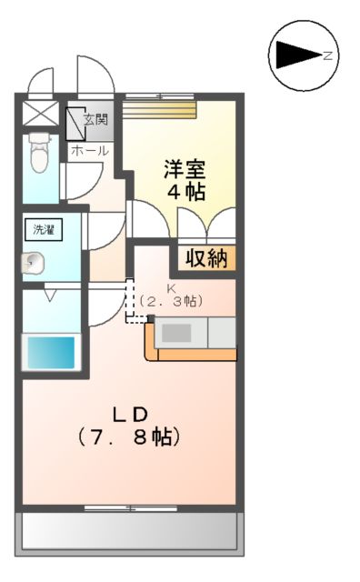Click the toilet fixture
(x=38, y=154)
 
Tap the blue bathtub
(x=50, y=351)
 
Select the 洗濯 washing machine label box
(x=44, y=229)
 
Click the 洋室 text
(x=185, y=168)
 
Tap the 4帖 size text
(x=185, y=193)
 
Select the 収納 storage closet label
(x=206, y=258)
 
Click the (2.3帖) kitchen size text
(x=170, y=300)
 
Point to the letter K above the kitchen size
(x=170, y=286)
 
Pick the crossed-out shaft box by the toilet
(x=39, y=114)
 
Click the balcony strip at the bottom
(x=130, y=531)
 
